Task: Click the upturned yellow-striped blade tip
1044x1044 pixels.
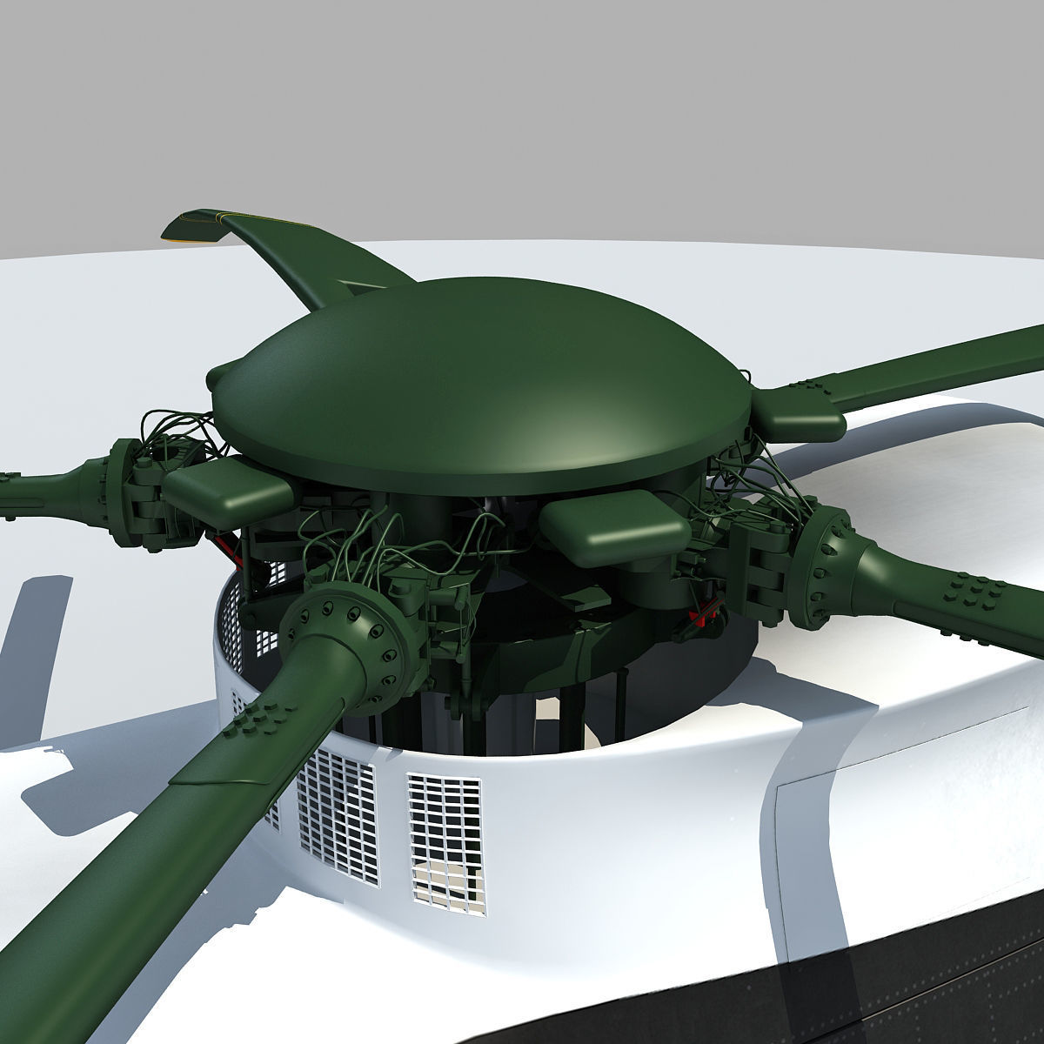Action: (x=196, y=224)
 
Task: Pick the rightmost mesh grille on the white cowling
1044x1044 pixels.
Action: (x=444, y=826)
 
